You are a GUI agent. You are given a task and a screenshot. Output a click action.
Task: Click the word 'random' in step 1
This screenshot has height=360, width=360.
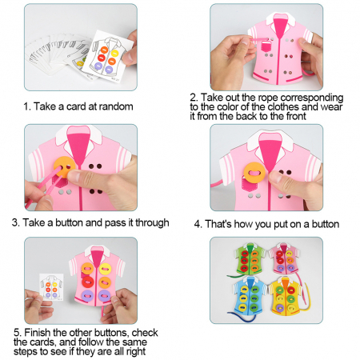point(116,106)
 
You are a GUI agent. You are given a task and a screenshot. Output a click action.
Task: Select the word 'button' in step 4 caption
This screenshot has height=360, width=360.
point(326,224)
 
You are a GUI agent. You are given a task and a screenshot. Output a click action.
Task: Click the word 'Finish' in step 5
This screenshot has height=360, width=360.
point(38,333)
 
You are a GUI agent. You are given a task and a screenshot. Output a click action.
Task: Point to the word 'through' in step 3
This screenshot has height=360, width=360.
point(152,222)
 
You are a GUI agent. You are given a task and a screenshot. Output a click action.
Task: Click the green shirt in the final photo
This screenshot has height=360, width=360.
point(250,258)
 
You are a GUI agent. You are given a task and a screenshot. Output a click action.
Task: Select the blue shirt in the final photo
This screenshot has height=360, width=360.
point(250,294)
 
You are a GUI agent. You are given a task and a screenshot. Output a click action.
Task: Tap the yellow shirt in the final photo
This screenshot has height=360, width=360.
point(286,294)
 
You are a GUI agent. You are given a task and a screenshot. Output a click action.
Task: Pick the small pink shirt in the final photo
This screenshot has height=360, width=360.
point(284,258)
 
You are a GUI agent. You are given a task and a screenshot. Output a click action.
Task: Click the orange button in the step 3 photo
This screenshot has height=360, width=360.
point(64,168)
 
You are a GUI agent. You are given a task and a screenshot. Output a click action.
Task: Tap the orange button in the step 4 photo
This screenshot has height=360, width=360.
point(254,173)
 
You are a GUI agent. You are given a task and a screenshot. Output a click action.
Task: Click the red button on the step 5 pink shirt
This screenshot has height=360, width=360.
point(87,282)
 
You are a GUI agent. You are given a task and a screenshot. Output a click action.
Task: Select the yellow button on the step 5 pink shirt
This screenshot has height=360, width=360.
point(105,269)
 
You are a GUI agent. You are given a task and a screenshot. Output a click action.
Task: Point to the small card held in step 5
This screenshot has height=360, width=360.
point(51,287)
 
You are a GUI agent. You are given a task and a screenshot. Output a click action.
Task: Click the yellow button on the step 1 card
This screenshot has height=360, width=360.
point(114,53)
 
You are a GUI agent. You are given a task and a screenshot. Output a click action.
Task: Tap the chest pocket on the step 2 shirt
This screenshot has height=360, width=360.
point(266,47)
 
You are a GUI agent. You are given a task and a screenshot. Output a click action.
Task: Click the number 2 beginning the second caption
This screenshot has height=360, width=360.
point(193,98)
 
